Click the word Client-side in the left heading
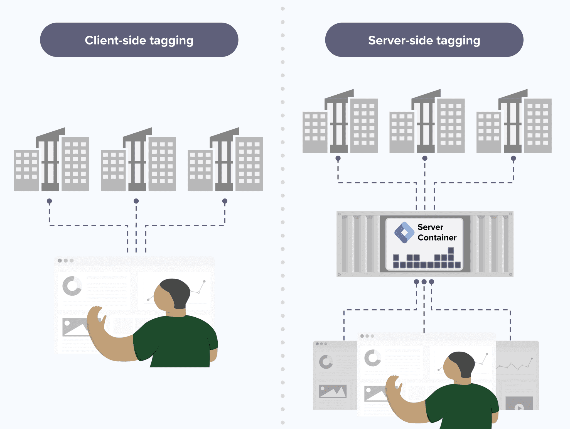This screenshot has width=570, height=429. click(x=115, y=40)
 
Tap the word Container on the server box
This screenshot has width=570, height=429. click(x=437, y=237)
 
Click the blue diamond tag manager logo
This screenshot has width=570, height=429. click(x=404, y=232)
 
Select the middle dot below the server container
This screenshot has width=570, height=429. click(x=424, y=282)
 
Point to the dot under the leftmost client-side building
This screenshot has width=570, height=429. click(x=49, y=201)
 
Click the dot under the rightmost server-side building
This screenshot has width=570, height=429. click(x=513, y=158)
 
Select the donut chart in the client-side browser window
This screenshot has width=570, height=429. click(x=72, y=286)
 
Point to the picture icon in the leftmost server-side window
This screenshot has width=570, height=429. click(x=333, y=391)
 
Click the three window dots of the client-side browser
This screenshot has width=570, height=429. click(x=66, y=261)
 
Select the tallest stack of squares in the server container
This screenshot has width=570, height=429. click(x=451, y=258)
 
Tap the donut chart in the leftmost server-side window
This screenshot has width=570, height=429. click(x=326, y=362)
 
